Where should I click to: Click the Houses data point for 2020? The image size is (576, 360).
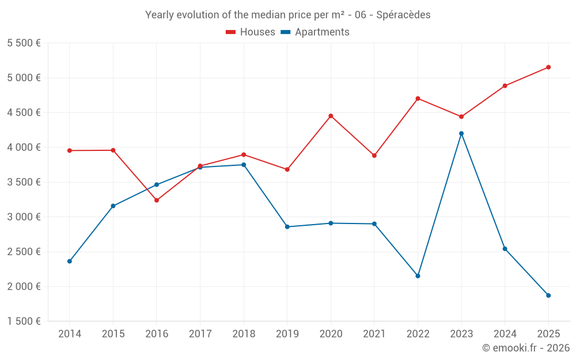coord(331,116)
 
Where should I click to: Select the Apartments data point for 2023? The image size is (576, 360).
coord(461,134)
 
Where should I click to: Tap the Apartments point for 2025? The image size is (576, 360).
coord(548,295)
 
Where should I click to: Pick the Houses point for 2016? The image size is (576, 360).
coord(157,200)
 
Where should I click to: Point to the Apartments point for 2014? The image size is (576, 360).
coord(70,262)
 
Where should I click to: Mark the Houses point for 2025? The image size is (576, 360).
coord(548,67)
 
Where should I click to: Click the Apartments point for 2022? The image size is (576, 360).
coord(418,276)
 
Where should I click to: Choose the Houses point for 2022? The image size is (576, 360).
coord(418,98)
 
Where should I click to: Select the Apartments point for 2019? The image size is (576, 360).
coord(287,227)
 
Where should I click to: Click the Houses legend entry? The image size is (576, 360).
coord(251,32)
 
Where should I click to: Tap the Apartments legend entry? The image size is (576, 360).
coord(315,32)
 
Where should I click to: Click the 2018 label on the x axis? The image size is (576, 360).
coord(244,334)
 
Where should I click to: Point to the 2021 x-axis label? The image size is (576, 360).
coord(374,334)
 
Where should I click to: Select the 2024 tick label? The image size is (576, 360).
coord(505,334)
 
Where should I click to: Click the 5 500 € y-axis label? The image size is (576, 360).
coord(24,43)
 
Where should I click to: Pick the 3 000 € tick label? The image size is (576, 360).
coord(24,217)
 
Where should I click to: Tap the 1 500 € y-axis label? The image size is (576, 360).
coord(24,321)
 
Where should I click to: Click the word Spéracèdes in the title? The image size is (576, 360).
coord(403,15)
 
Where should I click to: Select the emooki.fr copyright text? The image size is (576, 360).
coord(526,348)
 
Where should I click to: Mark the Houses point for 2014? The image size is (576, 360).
coord(70,151)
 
